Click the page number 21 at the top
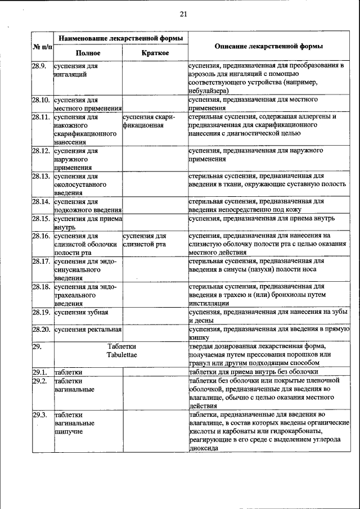[x=183, y=14]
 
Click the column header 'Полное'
[x=88, y=53]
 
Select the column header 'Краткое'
[x=155, y=53]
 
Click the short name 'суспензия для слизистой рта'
[x=145, y=240]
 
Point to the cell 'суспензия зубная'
[x=82, y=312]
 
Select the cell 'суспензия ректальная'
[x=87, y=328]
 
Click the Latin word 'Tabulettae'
[x=122, y=355]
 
